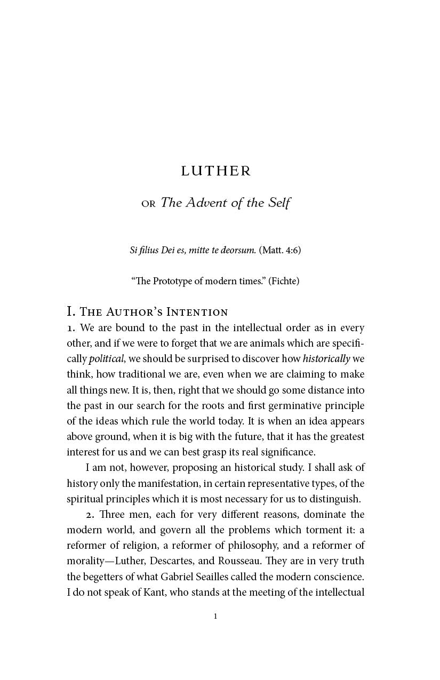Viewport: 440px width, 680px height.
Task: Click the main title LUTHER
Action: (215, 171)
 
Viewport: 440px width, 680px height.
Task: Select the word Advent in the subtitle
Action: (208, 203)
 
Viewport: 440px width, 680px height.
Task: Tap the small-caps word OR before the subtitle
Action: (148, 204)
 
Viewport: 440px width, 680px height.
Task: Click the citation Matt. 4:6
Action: (280, 250)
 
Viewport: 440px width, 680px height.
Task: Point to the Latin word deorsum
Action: (239, 250)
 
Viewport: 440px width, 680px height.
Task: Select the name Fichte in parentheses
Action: (284, 281)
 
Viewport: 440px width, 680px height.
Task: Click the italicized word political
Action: (106, 359)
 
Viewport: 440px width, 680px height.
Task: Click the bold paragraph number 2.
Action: (89, 515)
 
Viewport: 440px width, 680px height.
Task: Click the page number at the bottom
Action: (215, 617)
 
